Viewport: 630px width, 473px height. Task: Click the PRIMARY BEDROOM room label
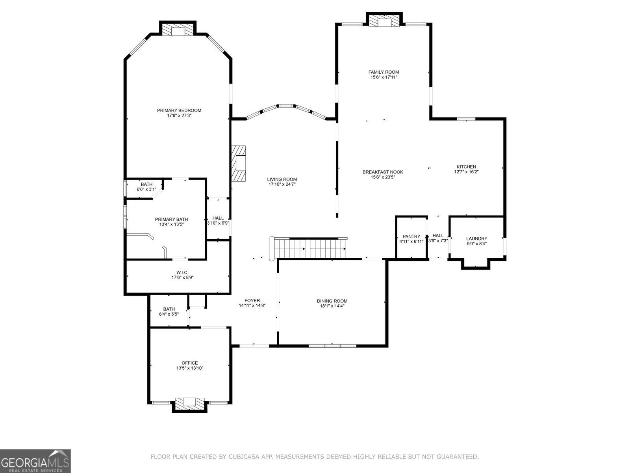tap(179, 110)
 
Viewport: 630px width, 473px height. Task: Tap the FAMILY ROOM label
tap(384, 72)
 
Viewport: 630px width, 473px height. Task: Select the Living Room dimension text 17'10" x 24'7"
tap(282, 184)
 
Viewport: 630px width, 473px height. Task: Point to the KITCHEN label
tap(467, 167)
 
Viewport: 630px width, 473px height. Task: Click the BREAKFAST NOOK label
tap(383, 172)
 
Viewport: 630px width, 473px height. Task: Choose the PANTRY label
tap(411, 236)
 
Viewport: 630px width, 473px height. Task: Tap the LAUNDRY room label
tap(477, 238)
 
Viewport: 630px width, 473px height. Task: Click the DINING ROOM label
tap(332, 301)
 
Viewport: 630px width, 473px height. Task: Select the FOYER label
tap(252, 301)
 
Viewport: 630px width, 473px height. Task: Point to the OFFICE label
tap(190, 363)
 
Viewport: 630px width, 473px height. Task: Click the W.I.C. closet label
tap(182, 272)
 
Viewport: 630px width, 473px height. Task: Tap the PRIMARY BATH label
tap(171, 220)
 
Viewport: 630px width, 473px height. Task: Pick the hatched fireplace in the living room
tap(239, 164)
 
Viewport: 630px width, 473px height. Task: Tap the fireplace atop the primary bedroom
tap(178, 30)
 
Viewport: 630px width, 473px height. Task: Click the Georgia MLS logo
tap(35, 461)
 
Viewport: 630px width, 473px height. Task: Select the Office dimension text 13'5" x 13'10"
tap(190, 368)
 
